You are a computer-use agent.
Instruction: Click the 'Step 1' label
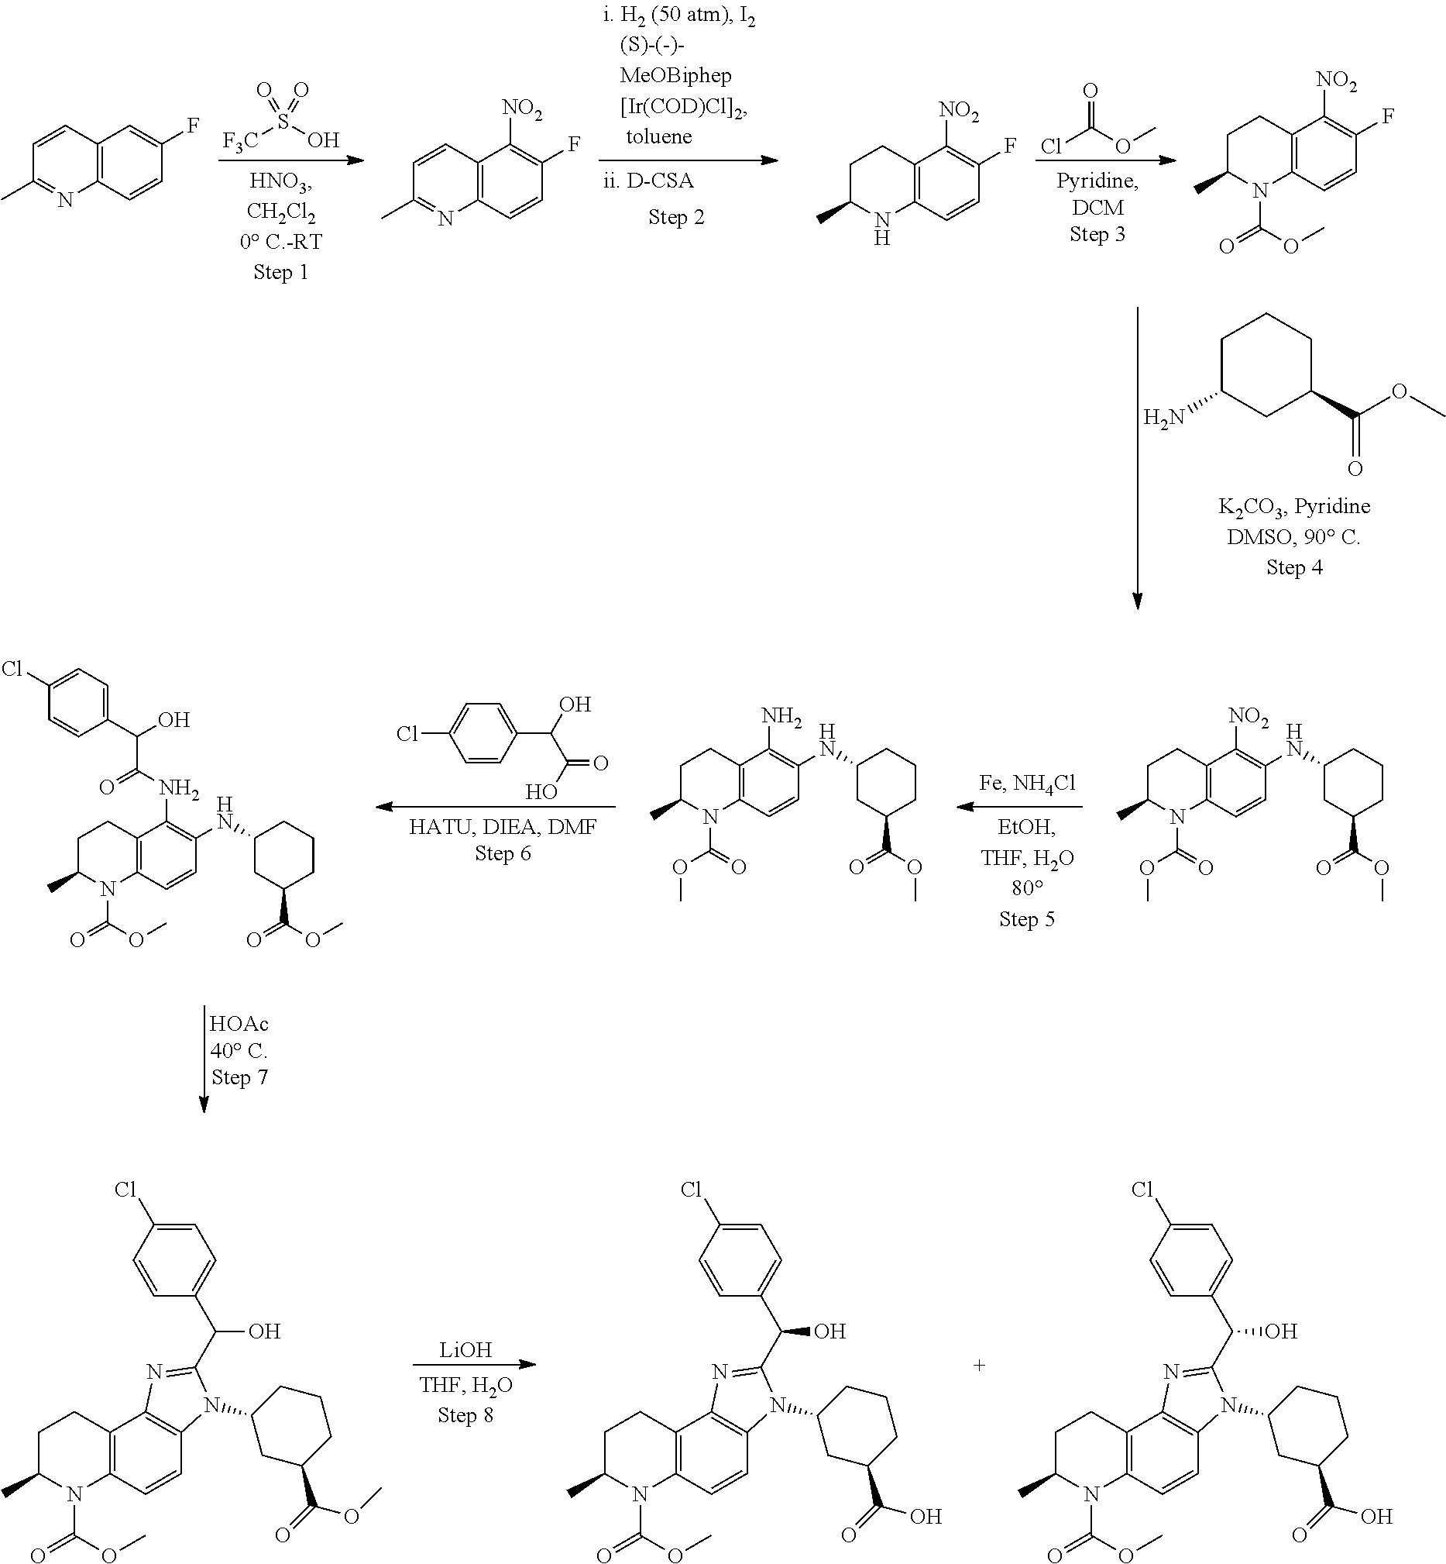(280, 271)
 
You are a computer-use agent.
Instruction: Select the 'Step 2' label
(676, 217)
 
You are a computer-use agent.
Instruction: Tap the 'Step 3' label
(1097, 234)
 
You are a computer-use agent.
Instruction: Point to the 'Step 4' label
(1294, 567)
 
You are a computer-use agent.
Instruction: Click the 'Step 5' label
(1026, 918)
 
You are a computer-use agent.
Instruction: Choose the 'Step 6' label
(503, 853)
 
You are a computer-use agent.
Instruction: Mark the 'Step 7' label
(239, 1077)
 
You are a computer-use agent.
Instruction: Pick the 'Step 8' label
(465, 1414)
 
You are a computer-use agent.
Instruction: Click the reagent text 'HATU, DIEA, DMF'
(503, 827)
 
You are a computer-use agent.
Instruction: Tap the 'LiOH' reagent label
(465, 1349)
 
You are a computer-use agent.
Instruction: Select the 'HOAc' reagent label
(239, 1024)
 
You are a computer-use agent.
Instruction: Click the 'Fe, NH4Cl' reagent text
(1026, 784)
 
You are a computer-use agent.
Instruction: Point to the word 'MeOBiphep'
(676, 76)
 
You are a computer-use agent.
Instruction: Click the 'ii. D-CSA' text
(649, 181)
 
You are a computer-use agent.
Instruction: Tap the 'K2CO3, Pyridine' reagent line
(1294, 507)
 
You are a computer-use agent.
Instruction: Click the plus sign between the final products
(979, 1365)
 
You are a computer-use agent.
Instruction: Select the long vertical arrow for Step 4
(1137, 459)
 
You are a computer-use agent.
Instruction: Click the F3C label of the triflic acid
(241, 142)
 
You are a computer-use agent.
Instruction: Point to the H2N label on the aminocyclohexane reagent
(1163, 418)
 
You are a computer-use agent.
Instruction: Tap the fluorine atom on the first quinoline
(194, 125)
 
